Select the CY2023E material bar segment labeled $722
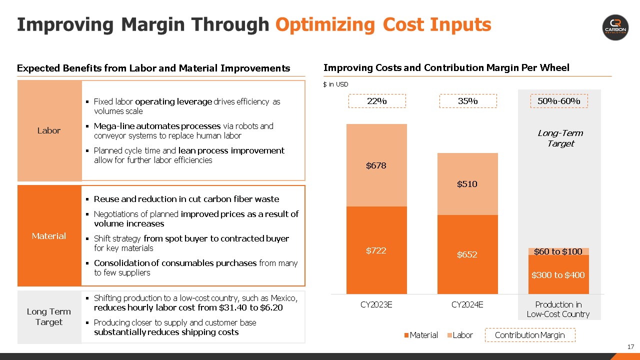click(x=376, y=250)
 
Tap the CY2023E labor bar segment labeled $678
click(x=376, y=165)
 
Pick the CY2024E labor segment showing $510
click(x=467, y=184)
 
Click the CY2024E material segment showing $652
click(x=467, y=254)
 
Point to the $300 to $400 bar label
click(x=558, y=275)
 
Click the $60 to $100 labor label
click(x=558, y=251)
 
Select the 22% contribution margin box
click(x=377, y=101)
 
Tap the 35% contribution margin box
click(x=468, y=101)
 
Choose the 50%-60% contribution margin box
click(x=558, y=101)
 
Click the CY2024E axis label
click(x=467, y=304)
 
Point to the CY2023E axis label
click(x=376, y=304)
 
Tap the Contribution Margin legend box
click(x=529, y=335)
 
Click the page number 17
click(x=630, y=347)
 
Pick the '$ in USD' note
click(x=335, y=84)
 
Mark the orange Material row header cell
click(x=49, y=235)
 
